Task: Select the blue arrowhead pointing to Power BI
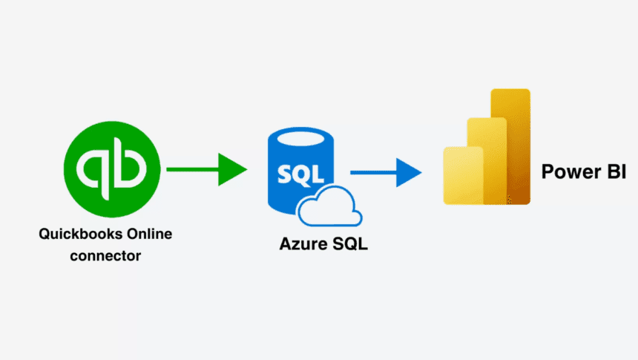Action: tap(408, 172)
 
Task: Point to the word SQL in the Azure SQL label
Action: tap(349, 243)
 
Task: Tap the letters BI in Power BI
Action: tap(615, 171)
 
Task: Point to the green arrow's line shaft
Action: tap(193, 169)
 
